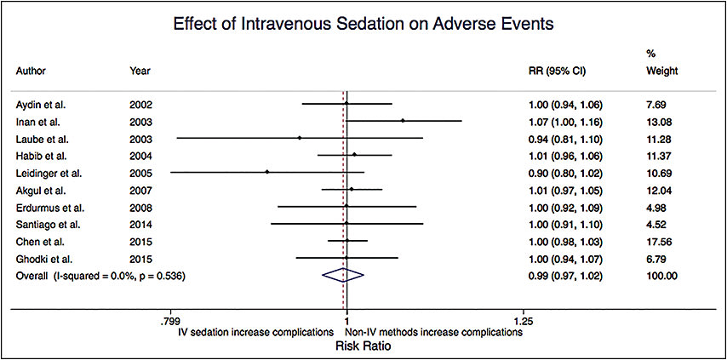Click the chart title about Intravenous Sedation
(363, 24)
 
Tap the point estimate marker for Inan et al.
(402, 121)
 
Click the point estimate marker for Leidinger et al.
(267, 172)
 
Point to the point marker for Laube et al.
(300, 138)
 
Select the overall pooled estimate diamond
(342, 275)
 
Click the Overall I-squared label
(100, 276)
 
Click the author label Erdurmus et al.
(50, 207)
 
